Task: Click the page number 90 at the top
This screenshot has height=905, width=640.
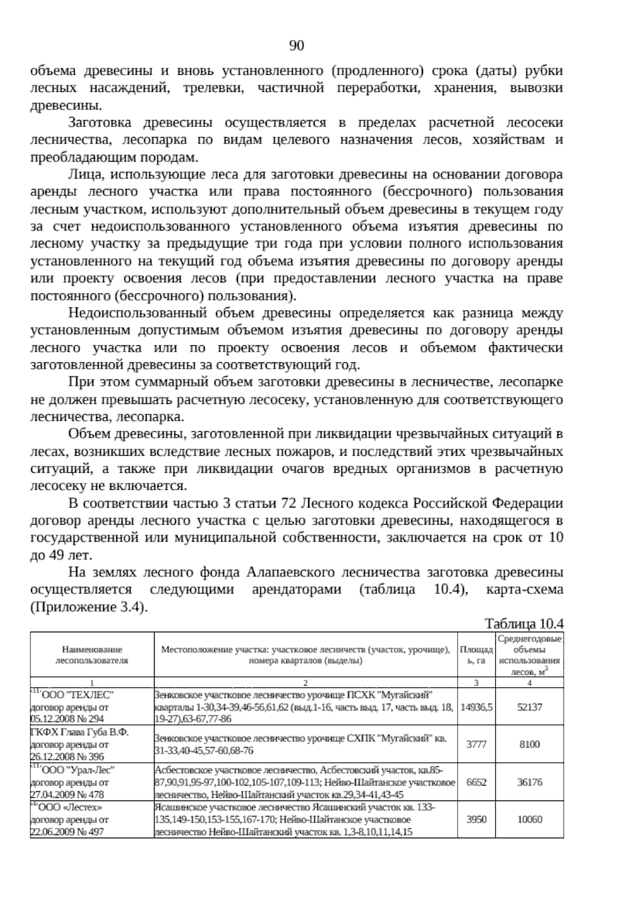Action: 297,46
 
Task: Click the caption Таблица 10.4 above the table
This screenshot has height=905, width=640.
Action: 524,624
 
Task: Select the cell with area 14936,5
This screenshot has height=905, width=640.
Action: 476,707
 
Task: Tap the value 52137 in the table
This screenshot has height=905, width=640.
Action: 529,707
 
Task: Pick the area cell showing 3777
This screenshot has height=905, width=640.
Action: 476,744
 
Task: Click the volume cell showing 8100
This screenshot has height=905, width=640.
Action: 529,744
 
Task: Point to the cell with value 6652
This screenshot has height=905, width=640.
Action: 476,782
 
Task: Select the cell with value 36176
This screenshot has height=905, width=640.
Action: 529,782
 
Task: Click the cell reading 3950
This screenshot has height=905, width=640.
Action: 476,819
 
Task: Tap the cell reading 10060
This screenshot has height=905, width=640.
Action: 529,819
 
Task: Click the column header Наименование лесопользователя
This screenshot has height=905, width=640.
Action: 92,655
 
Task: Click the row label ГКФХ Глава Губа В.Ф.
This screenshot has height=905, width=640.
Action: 79,732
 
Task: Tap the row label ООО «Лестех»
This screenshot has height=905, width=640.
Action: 69,807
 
